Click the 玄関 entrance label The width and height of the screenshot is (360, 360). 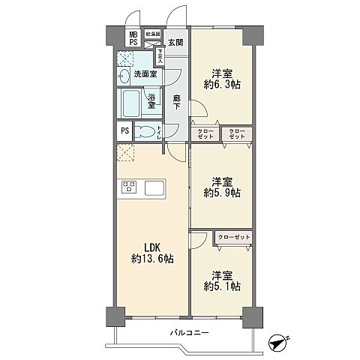click(x=175, y=42)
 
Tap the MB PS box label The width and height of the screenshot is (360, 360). click(x=132, y=38)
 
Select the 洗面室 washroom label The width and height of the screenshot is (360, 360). click(x=145, y=73)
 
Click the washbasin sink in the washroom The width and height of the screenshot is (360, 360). click(x=124, y=74)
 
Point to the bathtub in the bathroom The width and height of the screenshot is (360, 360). click(x=130, y=101)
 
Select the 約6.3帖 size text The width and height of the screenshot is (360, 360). click(x=221, y=85)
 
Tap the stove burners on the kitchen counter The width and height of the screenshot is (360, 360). click(x=127, y=187)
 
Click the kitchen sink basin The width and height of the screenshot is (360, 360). click(x=156, y=187)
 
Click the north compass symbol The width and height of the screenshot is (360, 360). click(x=278, y=341)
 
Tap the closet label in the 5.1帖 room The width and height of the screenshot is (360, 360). click(x=232, y=238)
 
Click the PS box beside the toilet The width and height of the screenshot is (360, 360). click(x=124, y=132)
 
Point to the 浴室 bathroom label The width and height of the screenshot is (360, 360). click(x=151, y=99)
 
